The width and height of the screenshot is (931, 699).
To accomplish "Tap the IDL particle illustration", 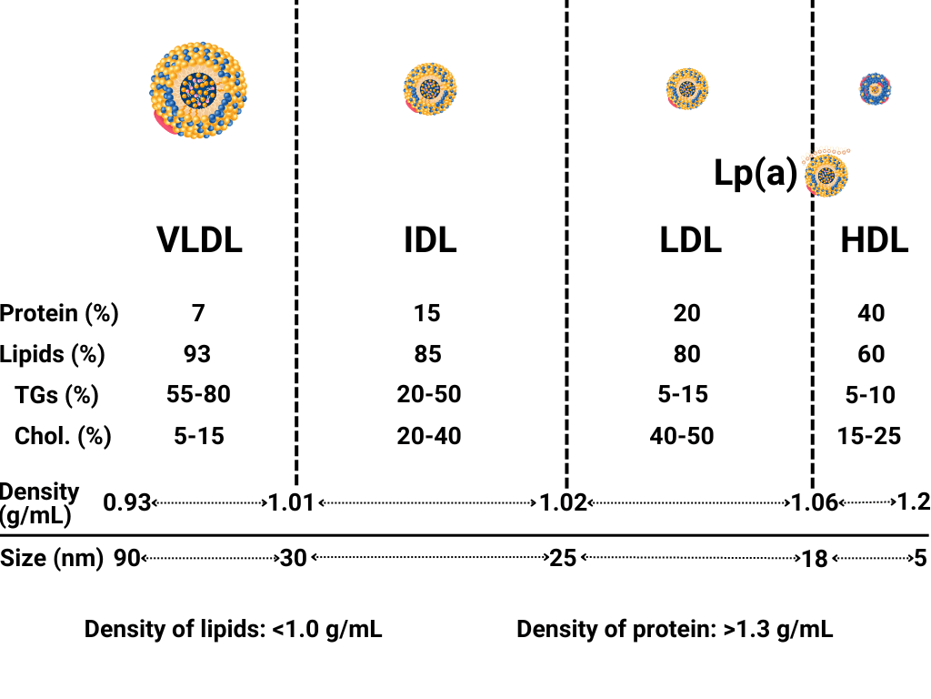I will pos(429,88).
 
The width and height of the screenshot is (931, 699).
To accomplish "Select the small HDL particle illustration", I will pos(875,89).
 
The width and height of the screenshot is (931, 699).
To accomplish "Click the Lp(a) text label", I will pos(755,173).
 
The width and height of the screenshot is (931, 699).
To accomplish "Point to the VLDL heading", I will pos(199,240).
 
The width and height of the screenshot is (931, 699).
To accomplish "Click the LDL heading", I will pos(690,240).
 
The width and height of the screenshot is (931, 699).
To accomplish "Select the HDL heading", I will pos(874,240).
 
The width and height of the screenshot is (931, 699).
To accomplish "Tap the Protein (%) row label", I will pos(59,314).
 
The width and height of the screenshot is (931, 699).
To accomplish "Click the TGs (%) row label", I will pos(56,395).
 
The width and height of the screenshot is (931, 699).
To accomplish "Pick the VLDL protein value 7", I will pos(198,314).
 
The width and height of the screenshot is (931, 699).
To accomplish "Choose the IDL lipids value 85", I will pos(426,354).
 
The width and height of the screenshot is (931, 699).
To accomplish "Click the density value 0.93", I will pos(125,502).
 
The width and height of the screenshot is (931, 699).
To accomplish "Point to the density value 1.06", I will pos(812,502).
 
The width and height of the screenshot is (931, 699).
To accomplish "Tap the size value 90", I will pos(126,558).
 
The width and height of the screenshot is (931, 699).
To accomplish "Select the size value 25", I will pos(563,558).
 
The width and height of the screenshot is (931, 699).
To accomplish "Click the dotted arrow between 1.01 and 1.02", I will pos(426,502).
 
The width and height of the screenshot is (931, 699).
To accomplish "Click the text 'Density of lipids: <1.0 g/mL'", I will pos(234,630).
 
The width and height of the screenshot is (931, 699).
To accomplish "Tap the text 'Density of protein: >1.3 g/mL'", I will pos(675,630).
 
